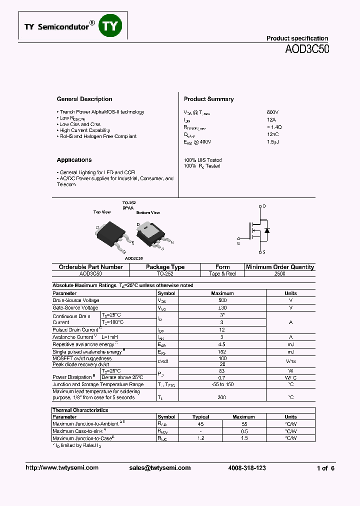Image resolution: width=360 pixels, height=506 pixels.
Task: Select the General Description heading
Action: coord(84,99)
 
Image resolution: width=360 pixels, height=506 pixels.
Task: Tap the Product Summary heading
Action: coord(208,99)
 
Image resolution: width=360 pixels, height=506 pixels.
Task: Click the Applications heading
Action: coord(74,160)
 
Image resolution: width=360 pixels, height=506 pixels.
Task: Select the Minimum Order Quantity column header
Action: coord(280,267)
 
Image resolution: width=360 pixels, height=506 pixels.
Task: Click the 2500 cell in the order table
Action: coord(280,274)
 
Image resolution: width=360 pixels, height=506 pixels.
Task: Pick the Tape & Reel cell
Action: coord(222,274)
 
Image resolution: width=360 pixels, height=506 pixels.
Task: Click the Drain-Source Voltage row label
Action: coord(76,300)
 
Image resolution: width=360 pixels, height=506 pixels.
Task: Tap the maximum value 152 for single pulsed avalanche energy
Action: coord(222,351)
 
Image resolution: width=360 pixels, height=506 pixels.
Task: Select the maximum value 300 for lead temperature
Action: coord(222,397)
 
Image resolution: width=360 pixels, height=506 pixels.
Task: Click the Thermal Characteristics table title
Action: coord(80,410)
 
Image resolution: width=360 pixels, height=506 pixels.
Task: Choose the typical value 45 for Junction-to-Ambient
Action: coord(201,423)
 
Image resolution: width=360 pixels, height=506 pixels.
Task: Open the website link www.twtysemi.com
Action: coord(62,468)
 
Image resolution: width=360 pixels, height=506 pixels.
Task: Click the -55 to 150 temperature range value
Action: coord(222,384)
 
